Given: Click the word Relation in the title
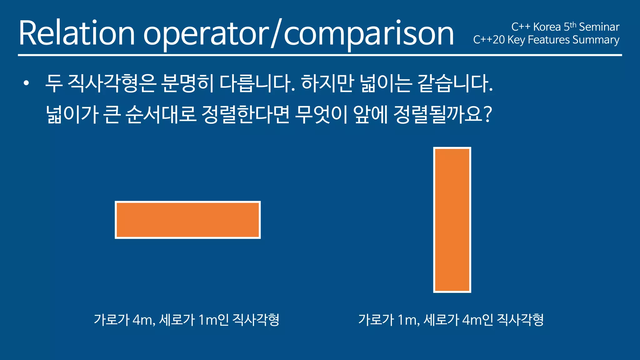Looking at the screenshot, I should click(77, 33).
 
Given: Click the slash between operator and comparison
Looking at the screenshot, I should click(276, 33).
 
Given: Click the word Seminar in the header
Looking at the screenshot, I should click(599, 27).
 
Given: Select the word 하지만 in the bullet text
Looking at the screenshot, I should click(327, 84).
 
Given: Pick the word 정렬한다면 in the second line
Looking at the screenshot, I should click(246, 114).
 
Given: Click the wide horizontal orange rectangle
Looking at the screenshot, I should click(187, 220).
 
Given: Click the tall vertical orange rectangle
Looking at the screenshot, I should click(452, 220).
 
